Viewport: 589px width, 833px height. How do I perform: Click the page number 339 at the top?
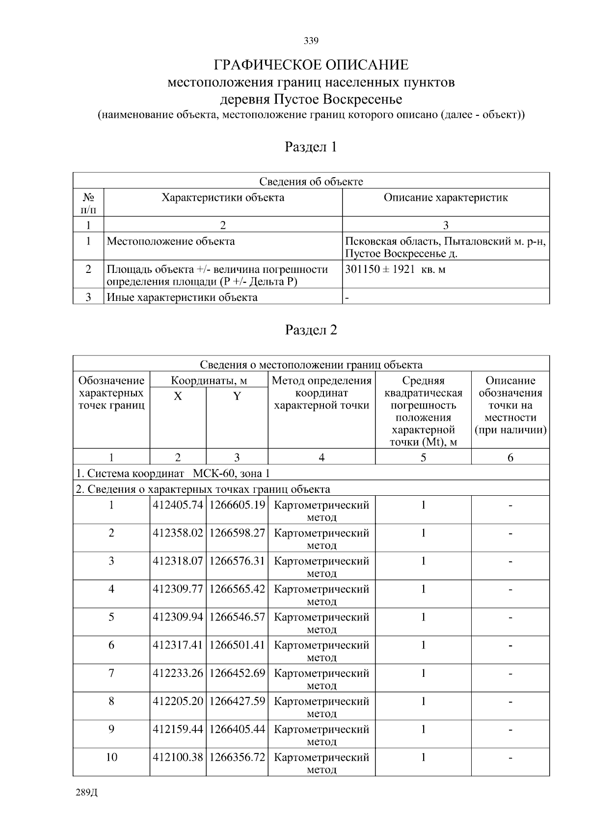(311, 41)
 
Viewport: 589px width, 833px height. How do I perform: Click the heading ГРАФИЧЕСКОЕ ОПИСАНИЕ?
(311, 65)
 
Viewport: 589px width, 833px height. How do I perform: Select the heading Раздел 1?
(311, 147)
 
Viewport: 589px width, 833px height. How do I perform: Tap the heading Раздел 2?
(311, 330)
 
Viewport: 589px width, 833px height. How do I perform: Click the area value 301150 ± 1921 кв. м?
(395, 269)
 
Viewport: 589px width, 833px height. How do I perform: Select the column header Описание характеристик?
(445, 198)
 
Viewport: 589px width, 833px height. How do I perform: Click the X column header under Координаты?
(178, 396)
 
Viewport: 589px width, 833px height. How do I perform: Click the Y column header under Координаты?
(237, 396)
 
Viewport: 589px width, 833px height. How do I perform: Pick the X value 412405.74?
(178, 505)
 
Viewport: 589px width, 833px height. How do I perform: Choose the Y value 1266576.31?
(237, 561)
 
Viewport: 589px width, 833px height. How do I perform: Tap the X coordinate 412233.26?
(178, 673)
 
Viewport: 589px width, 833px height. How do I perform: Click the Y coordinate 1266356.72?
(237, 757)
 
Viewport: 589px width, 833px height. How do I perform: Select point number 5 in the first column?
(111, 617)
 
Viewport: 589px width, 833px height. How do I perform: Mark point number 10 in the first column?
(111, 757)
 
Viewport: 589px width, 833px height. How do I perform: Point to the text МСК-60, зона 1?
(231, 474)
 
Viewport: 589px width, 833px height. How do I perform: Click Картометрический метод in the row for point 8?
(321, 706)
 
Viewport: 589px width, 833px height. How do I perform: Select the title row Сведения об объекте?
(311, 182)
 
